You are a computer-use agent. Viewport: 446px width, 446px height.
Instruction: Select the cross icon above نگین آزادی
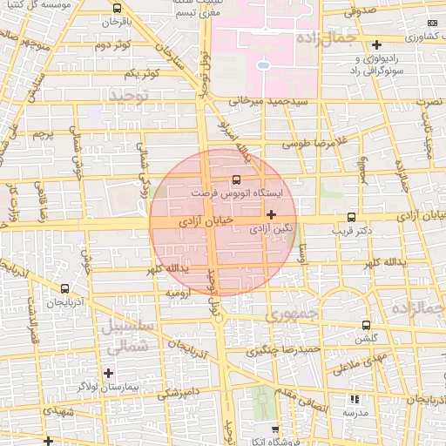(x=272, y=213)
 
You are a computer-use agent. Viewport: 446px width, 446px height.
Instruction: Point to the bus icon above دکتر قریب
(x=351, y=217)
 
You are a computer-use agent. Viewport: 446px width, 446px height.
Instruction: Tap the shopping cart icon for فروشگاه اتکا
(x=275, y=429)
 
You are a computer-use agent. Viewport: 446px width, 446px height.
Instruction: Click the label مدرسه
(x=352, y=411)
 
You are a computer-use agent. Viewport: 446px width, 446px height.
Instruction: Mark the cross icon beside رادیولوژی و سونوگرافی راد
(x=376, y=44)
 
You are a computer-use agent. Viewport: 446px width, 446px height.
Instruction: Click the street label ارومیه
(x=167, y=294)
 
